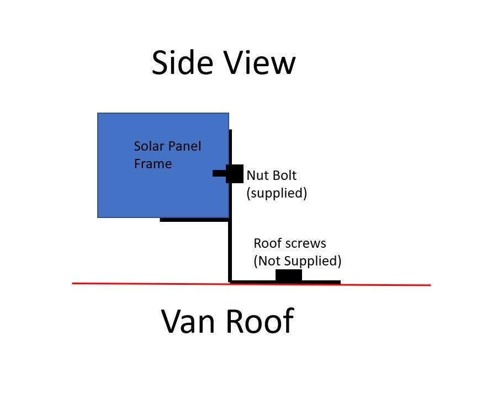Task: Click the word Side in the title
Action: coord(182,62)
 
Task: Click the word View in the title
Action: coord(260,62)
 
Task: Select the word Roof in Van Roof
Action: coord(260,321)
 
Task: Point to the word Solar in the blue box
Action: coord(149,146)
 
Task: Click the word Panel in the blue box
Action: coord(185,146)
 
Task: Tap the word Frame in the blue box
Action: coord(153,164)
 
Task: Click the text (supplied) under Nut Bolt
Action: coord(277,193)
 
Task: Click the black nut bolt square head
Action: coord(235,174)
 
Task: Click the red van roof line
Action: coord(251,284)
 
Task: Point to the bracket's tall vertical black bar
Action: coord(230,205)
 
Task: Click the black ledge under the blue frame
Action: coord(194,220)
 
